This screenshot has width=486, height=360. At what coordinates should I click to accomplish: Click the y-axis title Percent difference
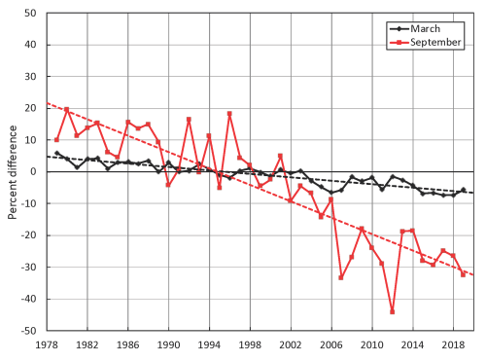tap(13, 170)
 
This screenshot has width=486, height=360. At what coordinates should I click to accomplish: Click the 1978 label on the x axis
tap(47, 345)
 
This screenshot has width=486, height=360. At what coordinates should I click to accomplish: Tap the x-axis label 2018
tap(453, 345)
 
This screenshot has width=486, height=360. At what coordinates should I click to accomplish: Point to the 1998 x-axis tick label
tap(250, 345)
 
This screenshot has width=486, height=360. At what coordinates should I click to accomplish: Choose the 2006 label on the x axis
tap(331, 345)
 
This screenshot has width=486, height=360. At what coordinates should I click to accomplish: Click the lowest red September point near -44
tap(392, 311)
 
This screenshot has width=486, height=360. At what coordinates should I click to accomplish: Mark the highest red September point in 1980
tap(67, 110)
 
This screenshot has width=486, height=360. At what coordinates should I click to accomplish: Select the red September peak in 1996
tap(229, 114)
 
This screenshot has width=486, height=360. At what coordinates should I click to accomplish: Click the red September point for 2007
tap(341, 277)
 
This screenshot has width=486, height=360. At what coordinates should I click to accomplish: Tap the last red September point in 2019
tap(463, 274)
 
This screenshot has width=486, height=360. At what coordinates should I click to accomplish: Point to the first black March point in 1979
tap(56, 154)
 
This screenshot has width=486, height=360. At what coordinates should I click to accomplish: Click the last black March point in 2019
tap(463, 190)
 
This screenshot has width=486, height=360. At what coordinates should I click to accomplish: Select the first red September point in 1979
tap(56, 140)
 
